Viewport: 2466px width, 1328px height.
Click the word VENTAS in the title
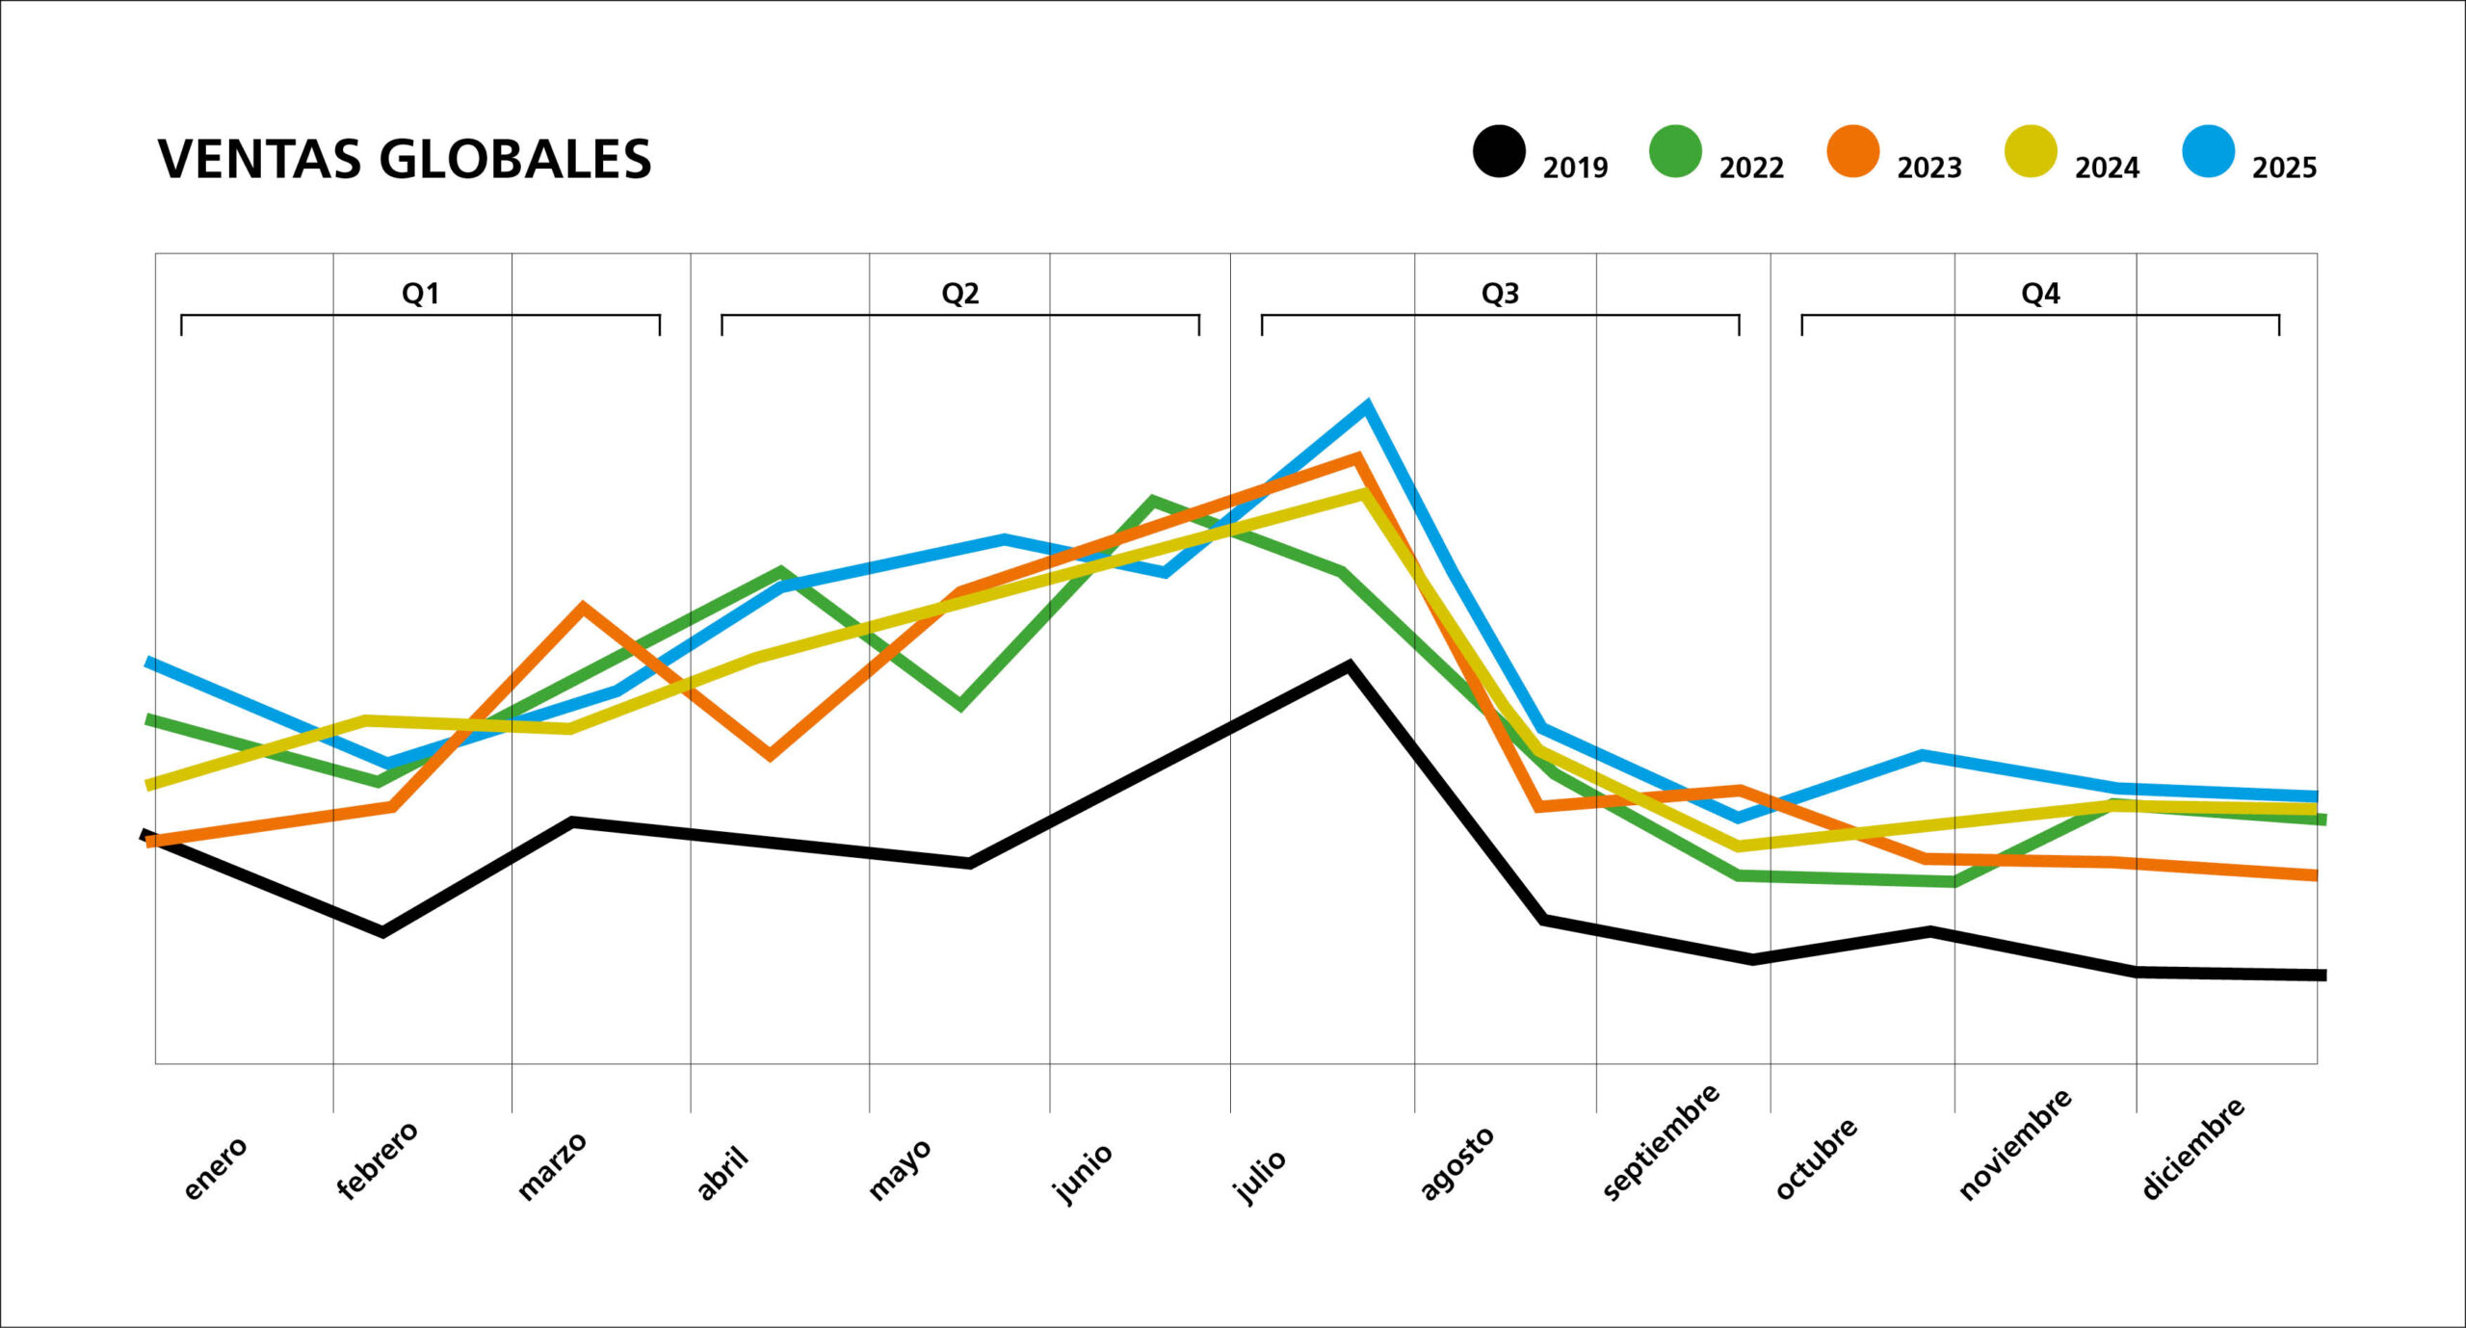[259, 160]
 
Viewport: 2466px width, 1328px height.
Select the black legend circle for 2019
[1499, 152]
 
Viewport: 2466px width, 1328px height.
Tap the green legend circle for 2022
[1675, 152]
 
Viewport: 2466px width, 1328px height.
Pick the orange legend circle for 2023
[1852, 152]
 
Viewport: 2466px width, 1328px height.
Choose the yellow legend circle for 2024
[2031, 152]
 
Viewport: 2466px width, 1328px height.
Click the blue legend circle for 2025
[2208, 152]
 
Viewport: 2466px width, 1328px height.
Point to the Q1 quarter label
[420, 293]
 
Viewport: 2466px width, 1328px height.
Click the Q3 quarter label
[1500, 293]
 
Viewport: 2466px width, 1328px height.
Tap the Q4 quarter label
[2040, 293]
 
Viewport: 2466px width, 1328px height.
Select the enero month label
[216, 1168]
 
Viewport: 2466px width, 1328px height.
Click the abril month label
[722, 1173]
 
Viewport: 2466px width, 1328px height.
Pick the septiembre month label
[1661, 1142]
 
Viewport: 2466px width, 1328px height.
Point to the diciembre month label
[2193, 1148]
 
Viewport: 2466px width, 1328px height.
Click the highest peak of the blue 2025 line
[1367, 405]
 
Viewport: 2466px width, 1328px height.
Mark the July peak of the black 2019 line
[1349, 664]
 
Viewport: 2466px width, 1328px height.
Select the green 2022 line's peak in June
[1153, 501]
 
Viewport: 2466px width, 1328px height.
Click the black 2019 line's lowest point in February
[382, 932]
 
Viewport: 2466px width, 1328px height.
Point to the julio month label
[1260, 1176]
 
